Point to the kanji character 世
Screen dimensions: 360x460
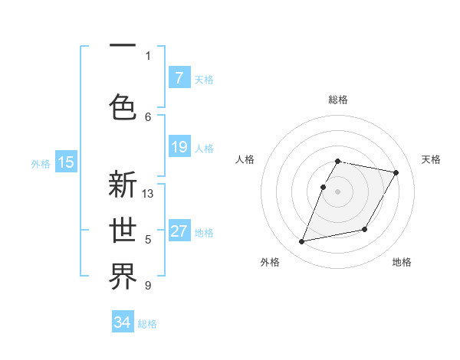(123, 231)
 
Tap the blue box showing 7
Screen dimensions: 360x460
(179, 78)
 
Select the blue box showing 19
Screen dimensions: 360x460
(179, 147)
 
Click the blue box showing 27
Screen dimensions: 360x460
(179, 231)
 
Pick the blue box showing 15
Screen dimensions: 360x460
(66, 162)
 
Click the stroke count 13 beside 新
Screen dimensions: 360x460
(148, 194)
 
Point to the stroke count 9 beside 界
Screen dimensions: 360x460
(148, 286)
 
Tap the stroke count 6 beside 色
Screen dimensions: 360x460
(148, 116)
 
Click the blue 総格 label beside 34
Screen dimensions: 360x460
(147, 324)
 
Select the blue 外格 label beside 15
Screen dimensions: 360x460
(41, 163)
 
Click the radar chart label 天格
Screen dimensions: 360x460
(431, 159)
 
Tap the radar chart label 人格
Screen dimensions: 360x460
(245, 159)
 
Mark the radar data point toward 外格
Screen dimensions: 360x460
(302, 242)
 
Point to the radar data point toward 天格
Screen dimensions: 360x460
(396, 173)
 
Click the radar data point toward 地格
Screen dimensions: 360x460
(365, 229)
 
